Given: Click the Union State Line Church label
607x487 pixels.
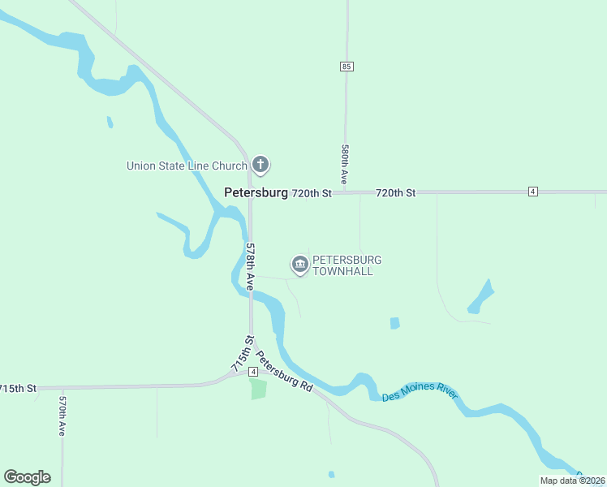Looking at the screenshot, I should pyautogui.click(x=186, y=166).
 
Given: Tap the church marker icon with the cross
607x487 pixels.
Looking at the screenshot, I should pyautogui.click(x=260, y=166).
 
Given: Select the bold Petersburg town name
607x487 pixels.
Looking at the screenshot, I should pyautogui.click(x=256, y=193).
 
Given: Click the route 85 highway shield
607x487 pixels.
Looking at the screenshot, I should pyautogui.click(x=347, y=67).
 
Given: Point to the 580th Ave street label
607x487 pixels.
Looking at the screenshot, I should pyautogui.click(x=345, y=164).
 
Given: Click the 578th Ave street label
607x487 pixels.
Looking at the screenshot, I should pyautogui.click(x=251, y=267).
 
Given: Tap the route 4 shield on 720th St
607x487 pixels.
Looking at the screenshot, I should pyautogui.click(x=532, y=192).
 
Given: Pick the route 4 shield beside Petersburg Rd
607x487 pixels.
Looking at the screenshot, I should pyautogui.click(x=253, y=372).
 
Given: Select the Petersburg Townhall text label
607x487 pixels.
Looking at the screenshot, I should pyautogui.click(x=347, y=265).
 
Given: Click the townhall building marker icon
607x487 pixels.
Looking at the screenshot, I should pyautogui.click(x=300, y=264).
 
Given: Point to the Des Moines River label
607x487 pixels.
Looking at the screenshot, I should pyautogui.click(x=420, y=392).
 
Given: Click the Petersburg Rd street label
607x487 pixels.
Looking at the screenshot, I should pyautogui.click(x=284, y=371).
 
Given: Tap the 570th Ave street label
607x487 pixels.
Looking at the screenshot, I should pyautogui.click(x=62, y=416).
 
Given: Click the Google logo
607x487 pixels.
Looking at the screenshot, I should pyautogui.click(x=28, y=477).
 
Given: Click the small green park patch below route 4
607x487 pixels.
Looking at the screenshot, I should pyautogui.click(x=258, y=388).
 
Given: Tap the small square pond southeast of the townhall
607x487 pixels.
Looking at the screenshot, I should pyautogui.click(x=395, y=323).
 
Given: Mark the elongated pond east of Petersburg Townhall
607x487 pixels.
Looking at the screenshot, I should pyautogui.click(x=480, y=297).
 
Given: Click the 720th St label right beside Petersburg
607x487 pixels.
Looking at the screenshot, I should pyautogui.click(x=312, y=193).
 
